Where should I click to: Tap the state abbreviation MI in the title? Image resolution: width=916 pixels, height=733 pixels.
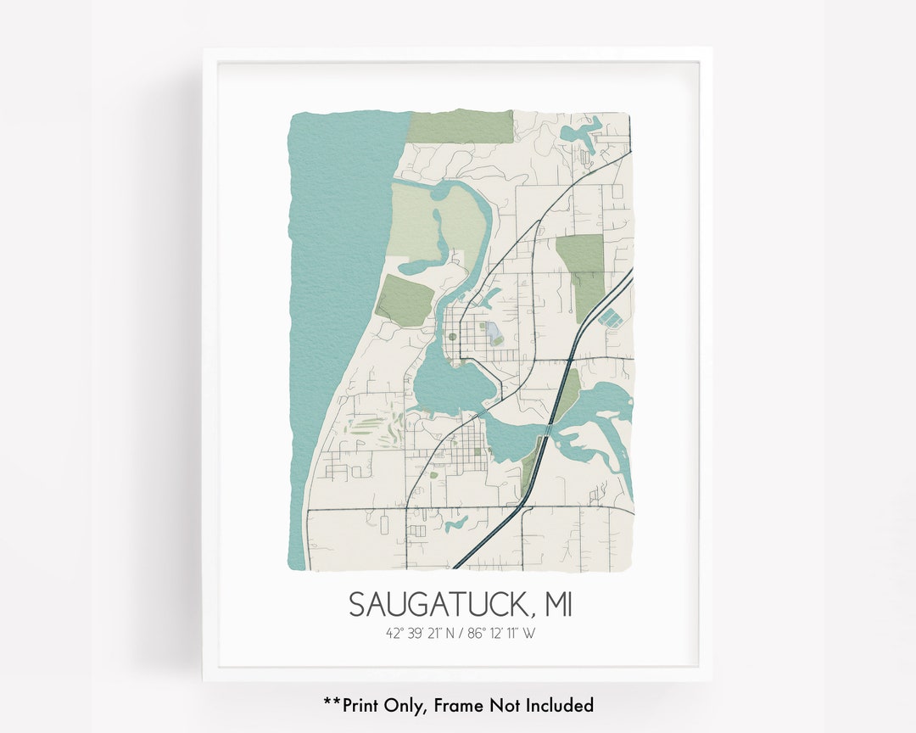pyautogui.click(x=556, y=605)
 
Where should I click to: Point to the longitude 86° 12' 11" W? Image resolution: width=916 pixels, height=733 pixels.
pyautogui.click(x=501, y=632)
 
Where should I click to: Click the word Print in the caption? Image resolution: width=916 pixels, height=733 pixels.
pyautogui.click(x=365, y=705)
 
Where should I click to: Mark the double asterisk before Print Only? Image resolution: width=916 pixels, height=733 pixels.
pyautogui.click(x=332, y=703)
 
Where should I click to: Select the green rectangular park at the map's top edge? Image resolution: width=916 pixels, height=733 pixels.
pyautogui.click(x=461, y=126)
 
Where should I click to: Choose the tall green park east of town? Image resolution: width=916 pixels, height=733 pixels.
pyautogui.click(x=583, y=271)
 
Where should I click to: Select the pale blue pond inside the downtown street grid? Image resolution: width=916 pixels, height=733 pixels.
pyautogui.click(x=491, y=329)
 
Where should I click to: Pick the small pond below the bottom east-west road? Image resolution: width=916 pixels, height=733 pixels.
pyautogui.click(x=455, y=524)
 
